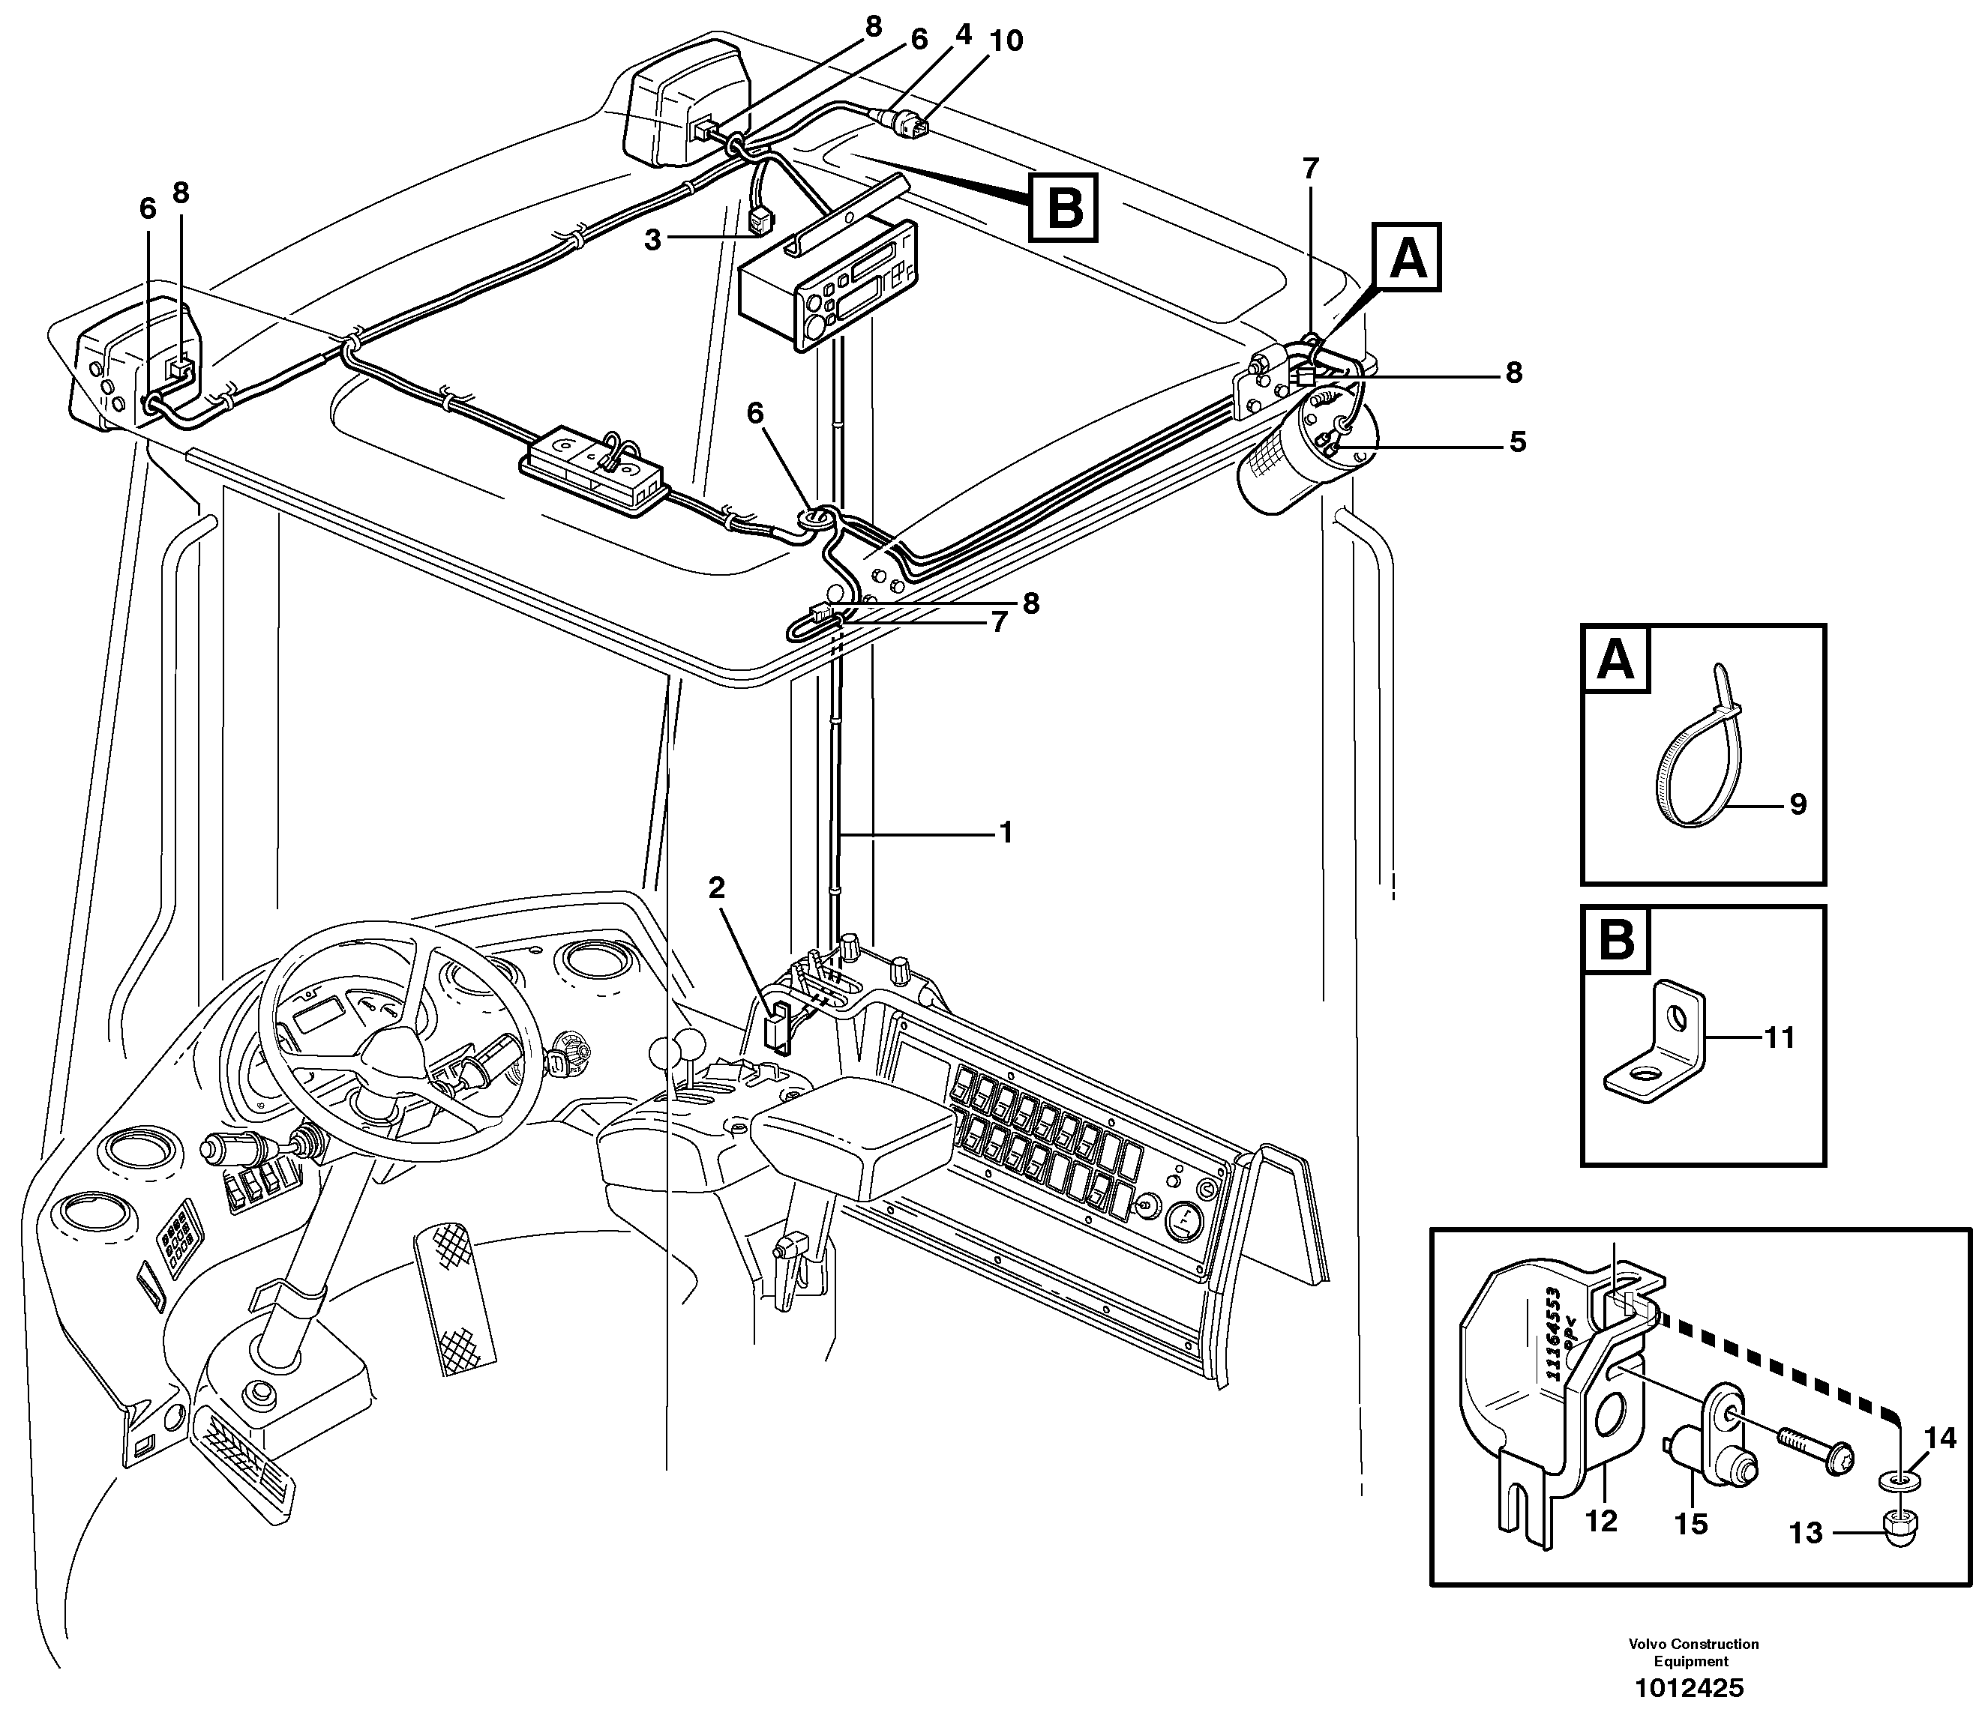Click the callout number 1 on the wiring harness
(1006, 832)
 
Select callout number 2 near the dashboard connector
(716, 887)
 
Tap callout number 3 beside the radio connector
(653, 240)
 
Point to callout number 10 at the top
(1006, 40)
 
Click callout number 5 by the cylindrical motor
(1518, 442)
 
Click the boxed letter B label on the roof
(1064, 207)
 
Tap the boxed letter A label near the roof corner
(1408, 257)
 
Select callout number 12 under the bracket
(1601, 1521)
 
